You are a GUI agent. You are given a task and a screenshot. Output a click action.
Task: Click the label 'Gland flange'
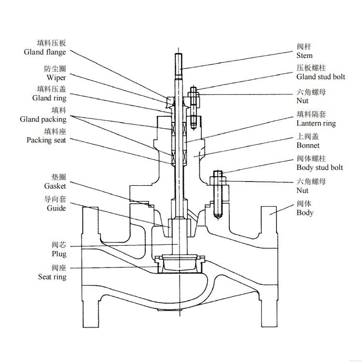coord(45,52)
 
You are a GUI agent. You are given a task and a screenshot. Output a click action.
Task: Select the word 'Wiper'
coord(56,78)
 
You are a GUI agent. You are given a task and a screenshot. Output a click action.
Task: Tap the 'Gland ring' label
coord(49,98)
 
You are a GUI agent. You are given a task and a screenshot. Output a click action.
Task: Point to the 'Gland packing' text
coord(43,119)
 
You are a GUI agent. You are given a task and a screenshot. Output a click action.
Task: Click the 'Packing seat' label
coord(46,140)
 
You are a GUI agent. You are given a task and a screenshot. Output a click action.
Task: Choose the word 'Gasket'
coord(55,186)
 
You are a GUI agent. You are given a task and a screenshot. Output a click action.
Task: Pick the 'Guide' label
coord(56,208)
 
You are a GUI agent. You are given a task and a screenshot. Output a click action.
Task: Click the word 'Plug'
coord(59,254)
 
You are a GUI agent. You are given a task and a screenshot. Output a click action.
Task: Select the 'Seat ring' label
coord(52,277)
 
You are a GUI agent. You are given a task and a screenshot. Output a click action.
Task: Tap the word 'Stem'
coord(305,56)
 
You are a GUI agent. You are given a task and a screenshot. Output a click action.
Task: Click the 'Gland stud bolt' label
coord(320,77)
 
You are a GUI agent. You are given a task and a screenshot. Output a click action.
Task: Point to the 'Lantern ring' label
coord(316,123)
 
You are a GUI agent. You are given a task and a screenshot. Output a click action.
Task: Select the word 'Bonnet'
coord(308,145)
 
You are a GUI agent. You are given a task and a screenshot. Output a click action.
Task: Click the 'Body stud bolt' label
coord(320,167)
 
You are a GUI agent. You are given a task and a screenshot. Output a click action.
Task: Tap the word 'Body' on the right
coord(305,213)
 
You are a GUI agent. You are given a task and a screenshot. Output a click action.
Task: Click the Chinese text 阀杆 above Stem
coord(304,47)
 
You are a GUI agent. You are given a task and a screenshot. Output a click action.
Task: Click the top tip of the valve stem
coord(178,54)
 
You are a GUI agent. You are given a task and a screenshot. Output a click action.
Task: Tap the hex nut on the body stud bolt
coord(219,181)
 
